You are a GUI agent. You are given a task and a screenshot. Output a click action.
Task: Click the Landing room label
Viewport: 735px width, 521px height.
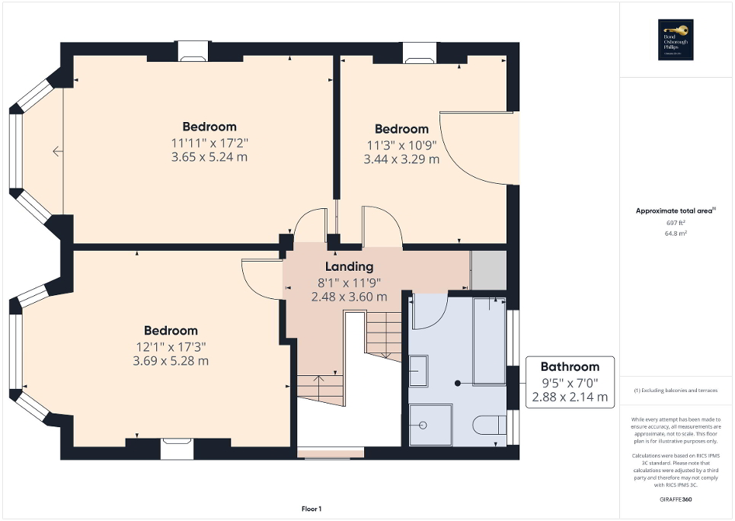(x=349, y=267)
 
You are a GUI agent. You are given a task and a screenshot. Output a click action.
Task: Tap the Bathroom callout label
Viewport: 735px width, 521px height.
(x=570, y=366)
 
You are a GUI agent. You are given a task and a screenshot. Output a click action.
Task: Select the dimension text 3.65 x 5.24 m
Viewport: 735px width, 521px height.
(x=209, y=157)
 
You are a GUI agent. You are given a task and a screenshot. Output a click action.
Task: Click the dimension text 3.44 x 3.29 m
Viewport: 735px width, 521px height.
(x=401, y=159)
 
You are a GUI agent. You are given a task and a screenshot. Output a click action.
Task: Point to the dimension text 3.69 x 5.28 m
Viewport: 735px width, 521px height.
(x=171, y=361)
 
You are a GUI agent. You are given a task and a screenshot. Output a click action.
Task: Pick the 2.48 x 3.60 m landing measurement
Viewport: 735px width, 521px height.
(x=349, y=297)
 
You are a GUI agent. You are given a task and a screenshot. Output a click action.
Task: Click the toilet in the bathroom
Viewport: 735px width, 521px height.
(x=487, y=424)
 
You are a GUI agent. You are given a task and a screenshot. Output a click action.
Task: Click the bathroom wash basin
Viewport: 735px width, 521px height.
(x=417, y=375)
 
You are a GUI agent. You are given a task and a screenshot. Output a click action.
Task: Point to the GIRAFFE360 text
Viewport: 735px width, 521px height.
(x=677, y=500)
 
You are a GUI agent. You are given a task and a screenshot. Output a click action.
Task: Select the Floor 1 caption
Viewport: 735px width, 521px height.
(x=311, y=509)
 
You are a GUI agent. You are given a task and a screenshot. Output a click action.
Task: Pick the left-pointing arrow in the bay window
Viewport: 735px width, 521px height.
(x=58, y=152)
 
